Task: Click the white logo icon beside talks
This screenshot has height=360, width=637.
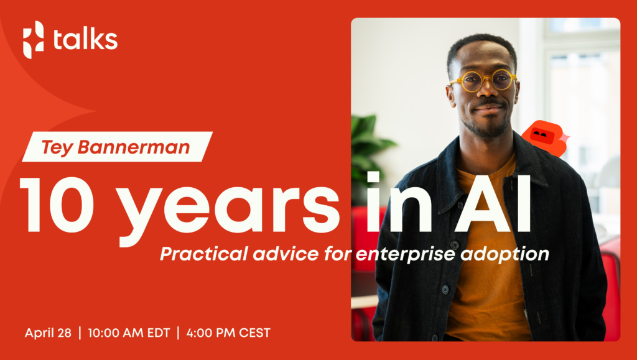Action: [x=34, y=39]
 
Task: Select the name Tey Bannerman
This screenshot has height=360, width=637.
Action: [x=117, y=147]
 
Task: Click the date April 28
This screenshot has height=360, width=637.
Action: [x=49, y=333]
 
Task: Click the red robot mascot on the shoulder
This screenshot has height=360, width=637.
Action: [x=544, y=137]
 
